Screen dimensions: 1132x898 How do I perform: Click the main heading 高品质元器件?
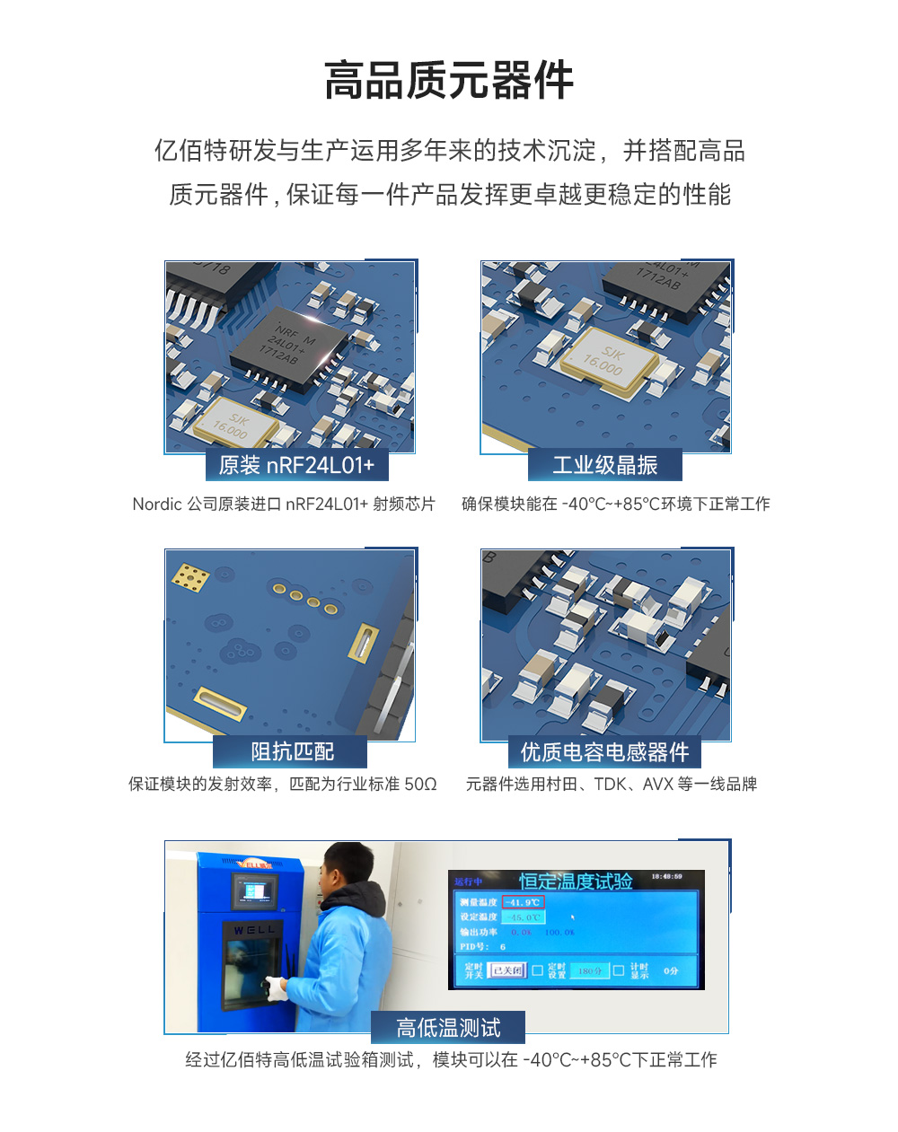coord(448,81)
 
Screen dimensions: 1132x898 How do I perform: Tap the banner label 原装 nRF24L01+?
coord(296,465)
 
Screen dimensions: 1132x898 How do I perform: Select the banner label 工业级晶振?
coord(604,465)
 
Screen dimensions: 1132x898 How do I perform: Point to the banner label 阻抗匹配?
coord(292,751)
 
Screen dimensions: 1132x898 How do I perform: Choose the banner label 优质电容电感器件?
coord(604,751)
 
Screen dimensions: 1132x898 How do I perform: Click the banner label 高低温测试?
coord(448,1028)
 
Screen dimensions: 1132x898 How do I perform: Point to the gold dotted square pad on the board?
coord(190,577)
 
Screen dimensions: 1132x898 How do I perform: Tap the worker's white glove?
coord(276,988)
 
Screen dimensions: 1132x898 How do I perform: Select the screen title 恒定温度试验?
coord(576,882)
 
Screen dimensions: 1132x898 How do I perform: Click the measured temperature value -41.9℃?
coord(523,902)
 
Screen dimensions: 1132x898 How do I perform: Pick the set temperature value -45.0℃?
coord(524,917)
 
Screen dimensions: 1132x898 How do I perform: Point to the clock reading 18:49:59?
coord(666,876)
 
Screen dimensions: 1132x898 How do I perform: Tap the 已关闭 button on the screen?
coord(506,970)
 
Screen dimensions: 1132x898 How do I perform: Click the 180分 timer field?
coord(589,970)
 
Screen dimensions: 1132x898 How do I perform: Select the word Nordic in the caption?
coord(157,505)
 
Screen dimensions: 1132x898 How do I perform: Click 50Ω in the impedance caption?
coord(420,785)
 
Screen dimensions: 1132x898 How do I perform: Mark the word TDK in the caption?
coord(611,785)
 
